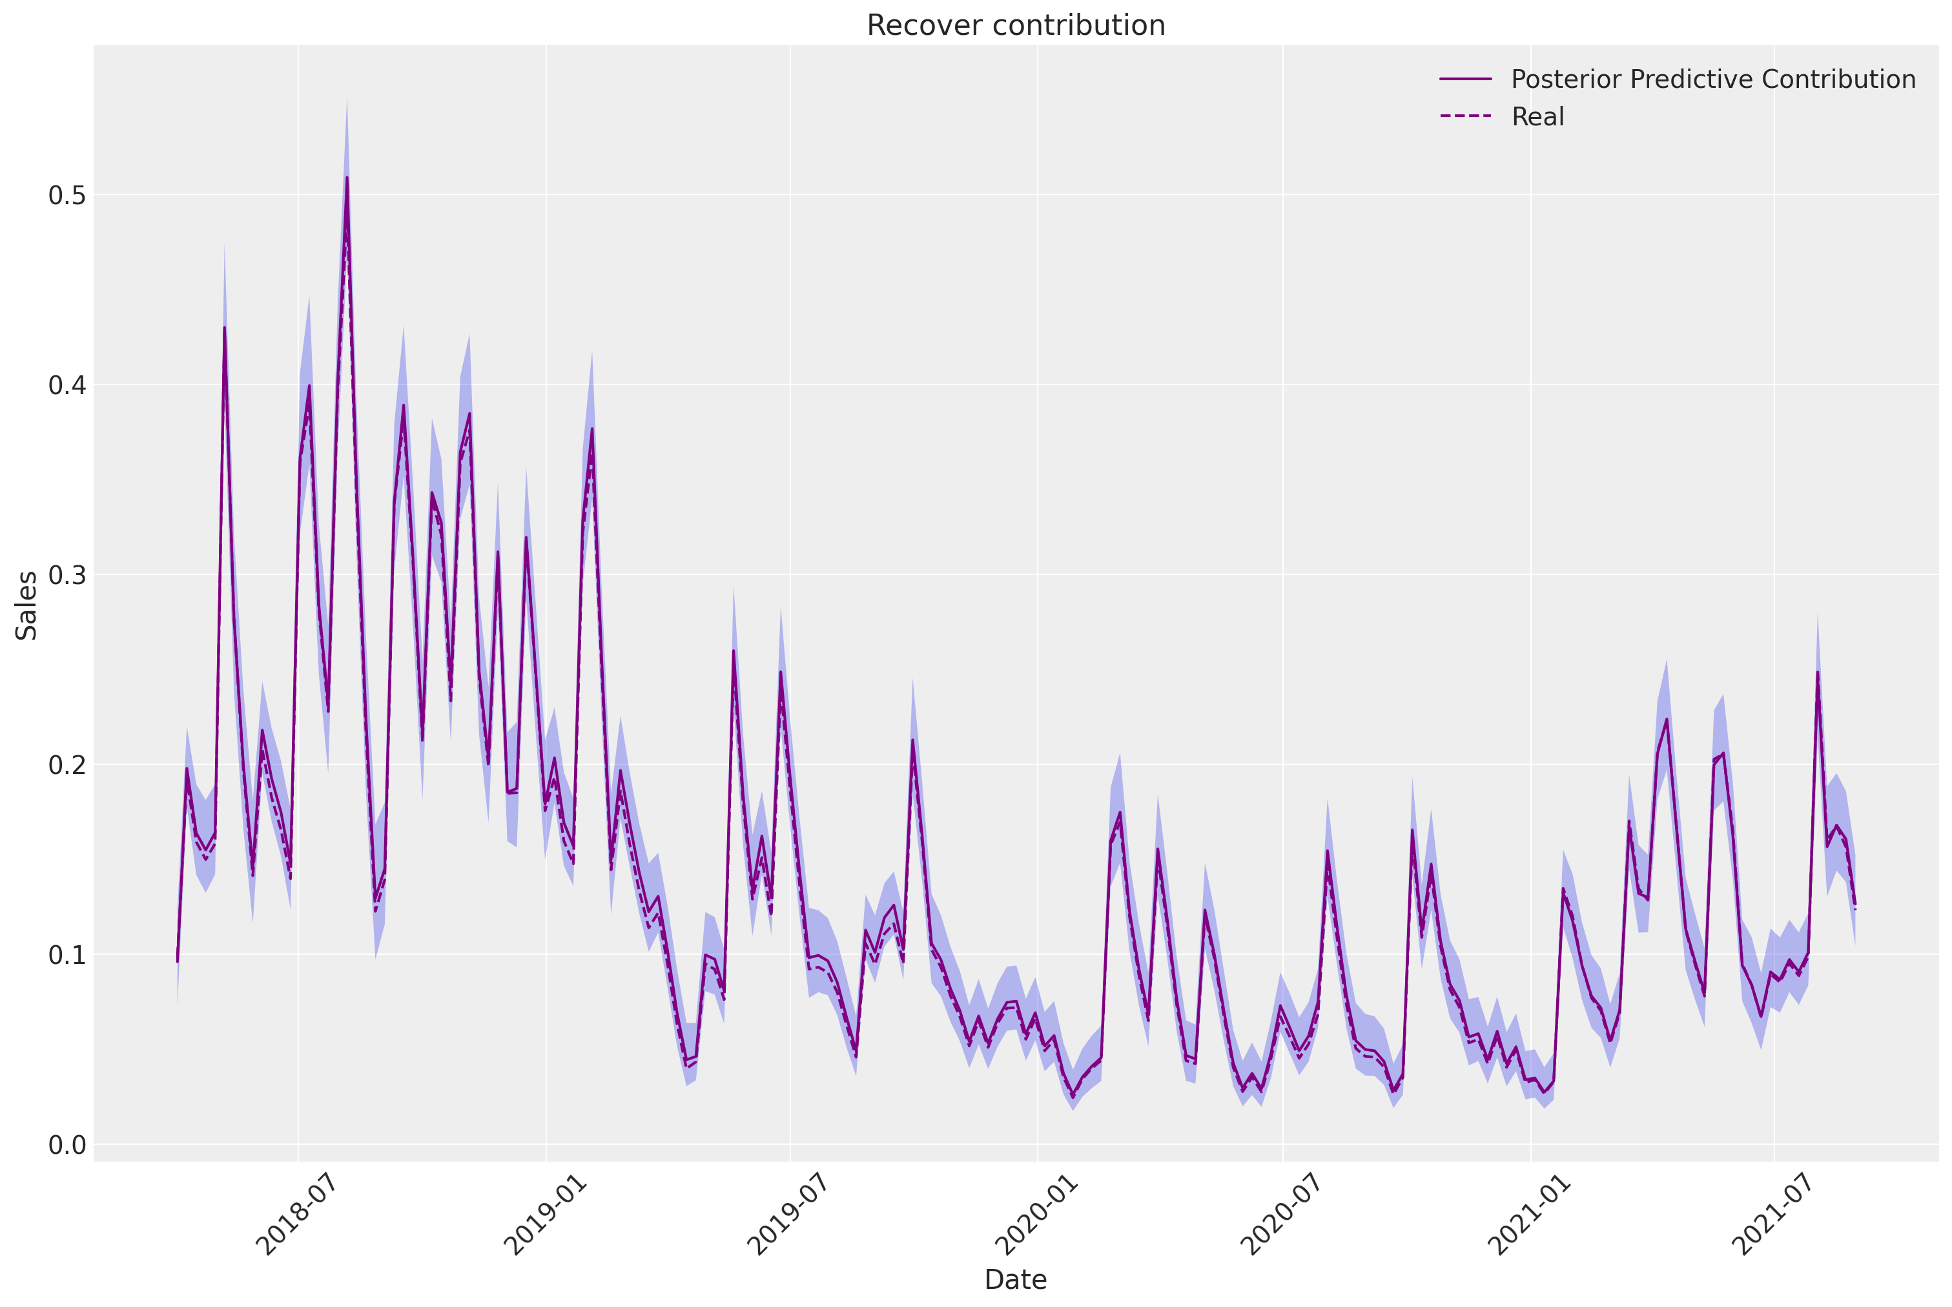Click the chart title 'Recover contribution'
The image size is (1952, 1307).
click(1016, 25)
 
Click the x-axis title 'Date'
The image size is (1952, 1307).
click(1016, 1279)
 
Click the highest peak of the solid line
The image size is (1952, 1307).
click(347, 177)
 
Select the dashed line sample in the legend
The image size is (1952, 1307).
click(1466, 117)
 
